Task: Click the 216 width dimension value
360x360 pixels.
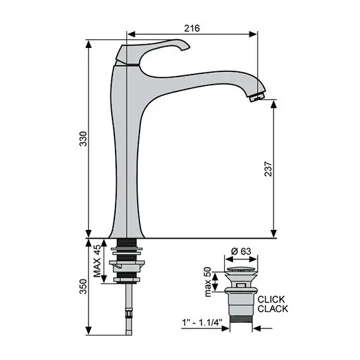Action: (192, 28)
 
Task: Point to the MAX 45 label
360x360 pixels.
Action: (97, 262)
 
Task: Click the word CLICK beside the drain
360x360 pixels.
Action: (272, 299)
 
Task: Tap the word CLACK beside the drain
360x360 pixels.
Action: (272, 309)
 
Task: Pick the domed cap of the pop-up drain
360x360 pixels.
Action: (241, 270)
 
